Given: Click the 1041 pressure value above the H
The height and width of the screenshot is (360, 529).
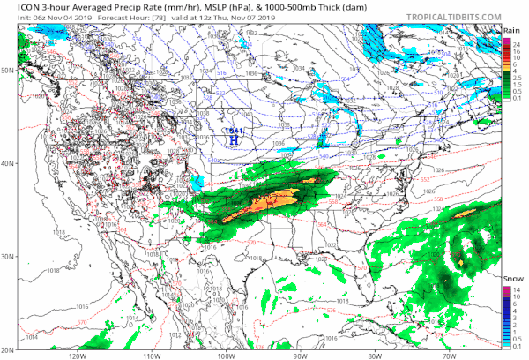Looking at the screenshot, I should pos(234,131).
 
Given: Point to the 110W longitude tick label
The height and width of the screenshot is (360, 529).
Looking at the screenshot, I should pos(152,356).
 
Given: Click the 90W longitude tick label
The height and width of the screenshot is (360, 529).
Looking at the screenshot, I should pos(300,356).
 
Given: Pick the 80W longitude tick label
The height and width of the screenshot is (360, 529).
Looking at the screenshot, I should pos(374,356).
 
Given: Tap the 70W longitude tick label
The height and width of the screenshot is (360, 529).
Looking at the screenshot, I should pos(448,356).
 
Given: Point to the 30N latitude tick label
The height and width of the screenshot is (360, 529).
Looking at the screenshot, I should pos(8,256).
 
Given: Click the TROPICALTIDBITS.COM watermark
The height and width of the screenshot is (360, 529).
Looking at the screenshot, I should pos(452,11).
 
